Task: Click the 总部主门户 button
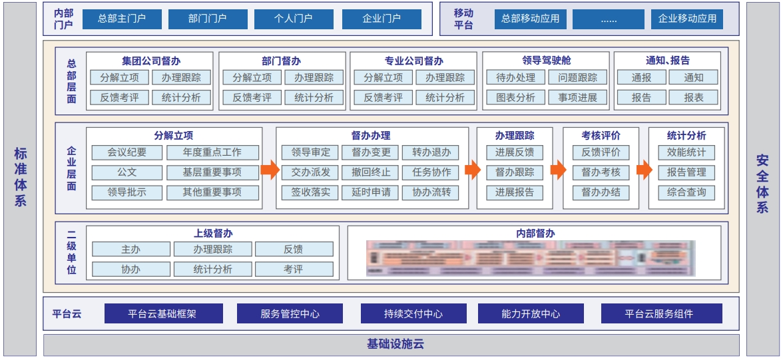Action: pyautogui.click(x=122, y=19)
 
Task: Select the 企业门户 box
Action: pyautogui.click(x=382, y=19)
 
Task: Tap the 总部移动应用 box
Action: pyautogui.click(x=531, y=19)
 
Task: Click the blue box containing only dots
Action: pyautogui.click(x=609, y=19)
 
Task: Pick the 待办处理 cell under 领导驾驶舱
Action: pyautogui.click(x=515, y=77)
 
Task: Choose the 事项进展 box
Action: pyautogui.click(x=577, y=97)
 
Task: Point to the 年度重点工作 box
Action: pyautogui.click(x=212, y=152)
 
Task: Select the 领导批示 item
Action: pyautogui.click(x=127, y=192)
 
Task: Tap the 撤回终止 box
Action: pyautogui.click(x=371, y=172)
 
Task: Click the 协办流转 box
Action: pyautogui.click(x=431, y=192)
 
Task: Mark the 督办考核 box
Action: pyautogui.click(x=601, y=172)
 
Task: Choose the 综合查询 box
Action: pyautogui.click(x=686, y=192)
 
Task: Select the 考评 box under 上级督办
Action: pyautogui.click(x=294, y=269)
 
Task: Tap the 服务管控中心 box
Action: pyautogui.click(x=290, y=313)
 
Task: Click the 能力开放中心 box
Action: pyautogui.click(x=531, y=313)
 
